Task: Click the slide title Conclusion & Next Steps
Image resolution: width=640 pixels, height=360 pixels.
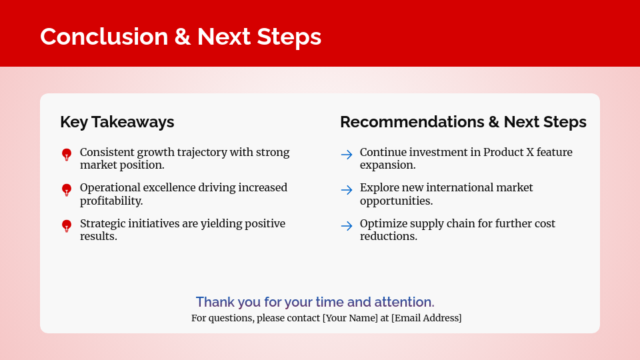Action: tap(181, 37)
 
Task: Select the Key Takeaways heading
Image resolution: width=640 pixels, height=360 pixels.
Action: tap(117, 122)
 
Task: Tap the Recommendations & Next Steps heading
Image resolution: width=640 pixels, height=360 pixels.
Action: tap(463, 122)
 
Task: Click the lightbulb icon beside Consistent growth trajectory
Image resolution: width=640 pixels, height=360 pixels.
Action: tap(67, 155)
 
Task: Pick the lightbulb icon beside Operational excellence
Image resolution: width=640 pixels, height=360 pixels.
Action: tap(67, 190)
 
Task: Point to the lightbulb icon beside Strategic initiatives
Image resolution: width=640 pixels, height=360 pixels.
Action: tap(67, 226)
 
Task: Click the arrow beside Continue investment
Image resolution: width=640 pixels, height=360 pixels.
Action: tap(347, 155)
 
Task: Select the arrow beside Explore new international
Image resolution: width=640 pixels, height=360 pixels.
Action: tap(347, 190)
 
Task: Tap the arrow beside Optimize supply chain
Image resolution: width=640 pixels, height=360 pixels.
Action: tap(347, 226)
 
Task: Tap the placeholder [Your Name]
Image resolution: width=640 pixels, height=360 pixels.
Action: tap(350, 318)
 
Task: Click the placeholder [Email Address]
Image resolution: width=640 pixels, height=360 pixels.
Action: tap(426, 318)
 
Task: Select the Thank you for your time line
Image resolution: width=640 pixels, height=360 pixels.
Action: tap(315, 302)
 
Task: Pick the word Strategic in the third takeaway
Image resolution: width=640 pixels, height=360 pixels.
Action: tap(104, 224)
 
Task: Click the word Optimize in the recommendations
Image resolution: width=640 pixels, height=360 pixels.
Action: tap(383, 224)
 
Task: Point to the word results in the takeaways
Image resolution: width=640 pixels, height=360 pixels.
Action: tap(98, 236)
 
